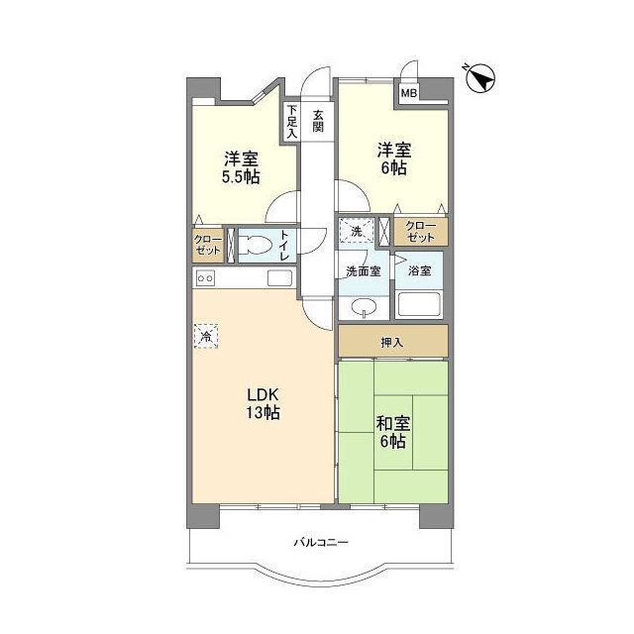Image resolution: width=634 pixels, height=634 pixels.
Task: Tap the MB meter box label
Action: tap(408, 93)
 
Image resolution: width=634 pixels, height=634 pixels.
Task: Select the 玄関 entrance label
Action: tap(318, 121)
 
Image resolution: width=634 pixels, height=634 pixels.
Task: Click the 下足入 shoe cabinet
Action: tap(292, 121)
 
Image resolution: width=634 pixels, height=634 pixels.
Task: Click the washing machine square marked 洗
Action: tap(357, 231)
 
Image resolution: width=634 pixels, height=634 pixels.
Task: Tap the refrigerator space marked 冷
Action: tap(206, 336)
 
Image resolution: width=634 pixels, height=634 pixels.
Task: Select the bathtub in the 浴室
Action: tap(419, 304)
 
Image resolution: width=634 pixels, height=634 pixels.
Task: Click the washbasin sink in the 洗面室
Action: tap(365, 308)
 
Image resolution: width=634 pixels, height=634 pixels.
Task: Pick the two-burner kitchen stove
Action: tap(205, 278)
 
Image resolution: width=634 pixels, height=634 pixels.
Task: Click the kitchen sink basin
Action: tap(279, 278)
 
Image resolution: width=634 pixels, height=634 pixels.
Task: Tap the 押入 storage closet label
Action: tap(392, 343)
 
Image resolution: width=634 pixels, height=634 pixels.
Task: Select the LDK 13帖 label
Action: tap(264, 403)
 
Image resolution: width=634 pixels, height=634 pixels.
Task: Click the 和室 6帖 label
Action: tap(393, 432)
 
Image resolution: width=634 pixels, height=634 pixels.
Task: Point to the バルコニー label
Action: tap(321, 542)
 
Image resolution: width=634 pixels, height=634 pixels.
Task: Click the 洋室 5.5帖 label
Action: tap(241, 167)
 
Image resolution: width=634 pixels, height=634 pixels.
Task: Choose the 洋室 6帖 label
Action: tap(394, 158)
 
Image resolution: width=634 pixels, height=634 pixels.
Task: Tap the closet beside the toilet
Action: tap(208, 245)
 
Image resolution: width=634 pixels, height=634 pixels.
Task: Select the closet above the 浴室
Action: tap(421, 231)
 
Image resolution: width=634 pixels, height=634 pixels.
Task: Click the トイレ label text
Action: tap(284, 245)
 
